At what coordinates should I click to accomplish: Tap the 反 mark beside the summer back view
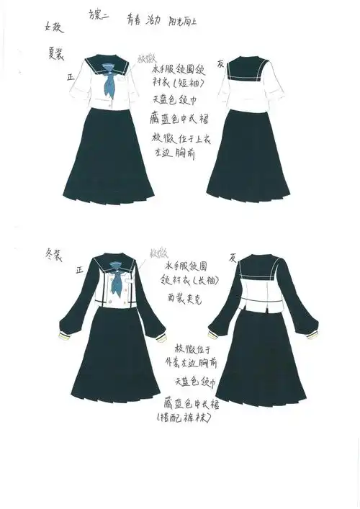[220, 61]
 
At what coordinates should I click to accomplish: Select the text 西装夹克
[186, 296]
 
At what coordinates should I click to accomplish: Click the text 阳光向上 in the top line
[182, 22]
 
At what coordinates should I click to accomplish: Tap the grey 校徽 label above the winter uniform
[157, 253]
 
